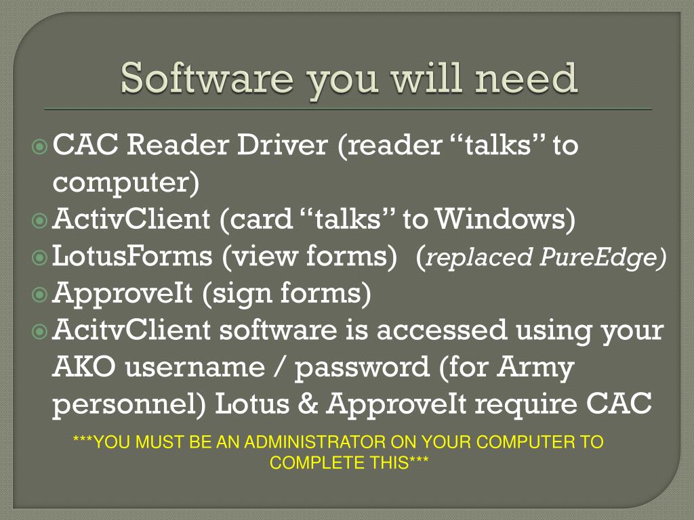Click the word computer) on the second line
click(x=126, y=183)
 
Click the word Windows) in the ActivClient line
click(x=505, y=219)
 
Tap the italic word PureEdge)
click(x=603, y=257)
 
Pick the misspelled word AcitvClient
click(x=131, y=330)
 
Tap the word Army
click(x=535, y=368)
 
